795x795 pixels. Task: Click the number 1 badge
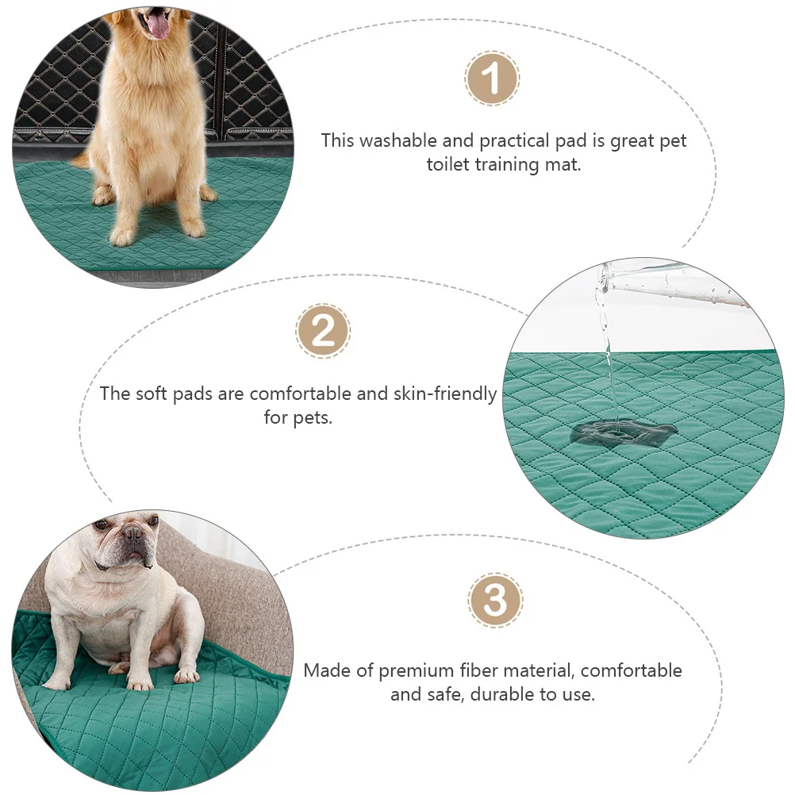tap(492, 79)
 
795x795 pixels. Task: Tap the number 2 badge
tap(323, 331)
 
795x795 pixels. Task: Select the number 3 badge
tap(495, 601)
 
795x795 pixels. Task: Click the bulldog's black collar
tap(103, 566)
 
